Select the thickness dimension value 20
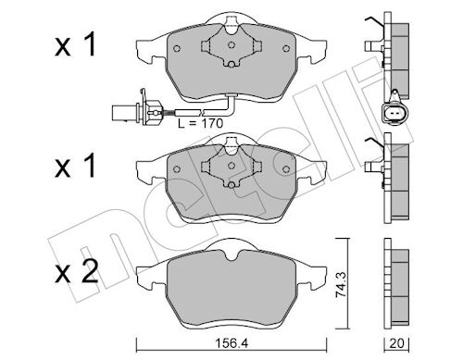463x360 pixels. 396,343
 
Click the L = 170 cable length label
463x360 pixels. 200,123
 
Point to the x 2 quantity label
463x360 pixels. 77,272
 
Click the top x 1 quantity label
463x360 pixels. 75,45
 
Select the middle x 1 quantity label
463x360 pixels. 75,166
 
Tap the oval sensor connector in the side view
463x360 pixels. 394,113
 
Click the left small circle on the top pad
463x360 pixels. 177,48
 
